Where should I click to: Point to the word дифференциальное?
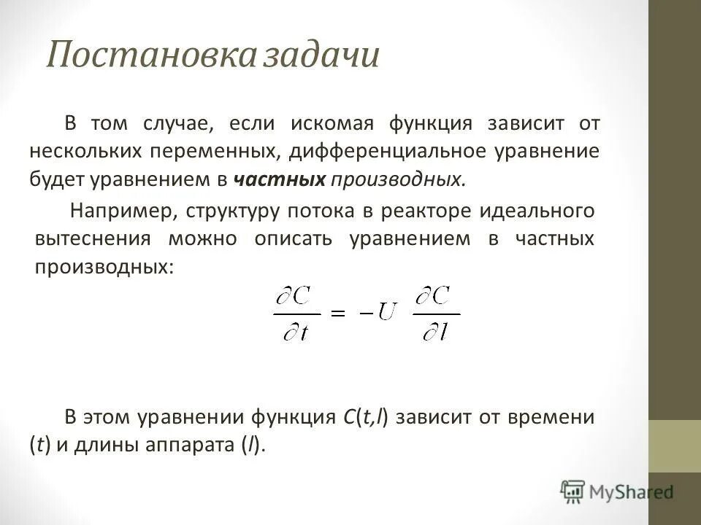[389, 152]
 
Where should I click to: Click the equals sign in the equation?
[337, 311]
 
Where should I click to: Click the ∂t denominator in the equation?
[297, 333]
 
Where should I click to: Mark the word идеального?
[537, 211]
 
